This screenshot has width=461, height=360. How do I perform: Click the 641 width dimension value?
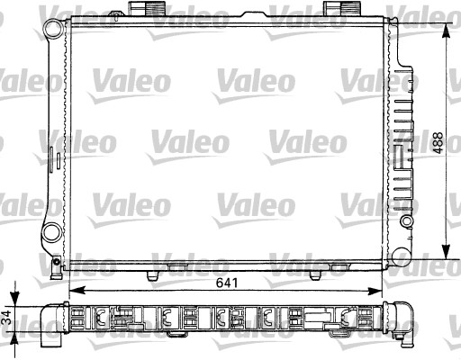[x=227, y=281]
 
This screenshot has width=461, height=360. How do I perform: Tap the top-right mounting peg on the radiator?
[x=336, y=8]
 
